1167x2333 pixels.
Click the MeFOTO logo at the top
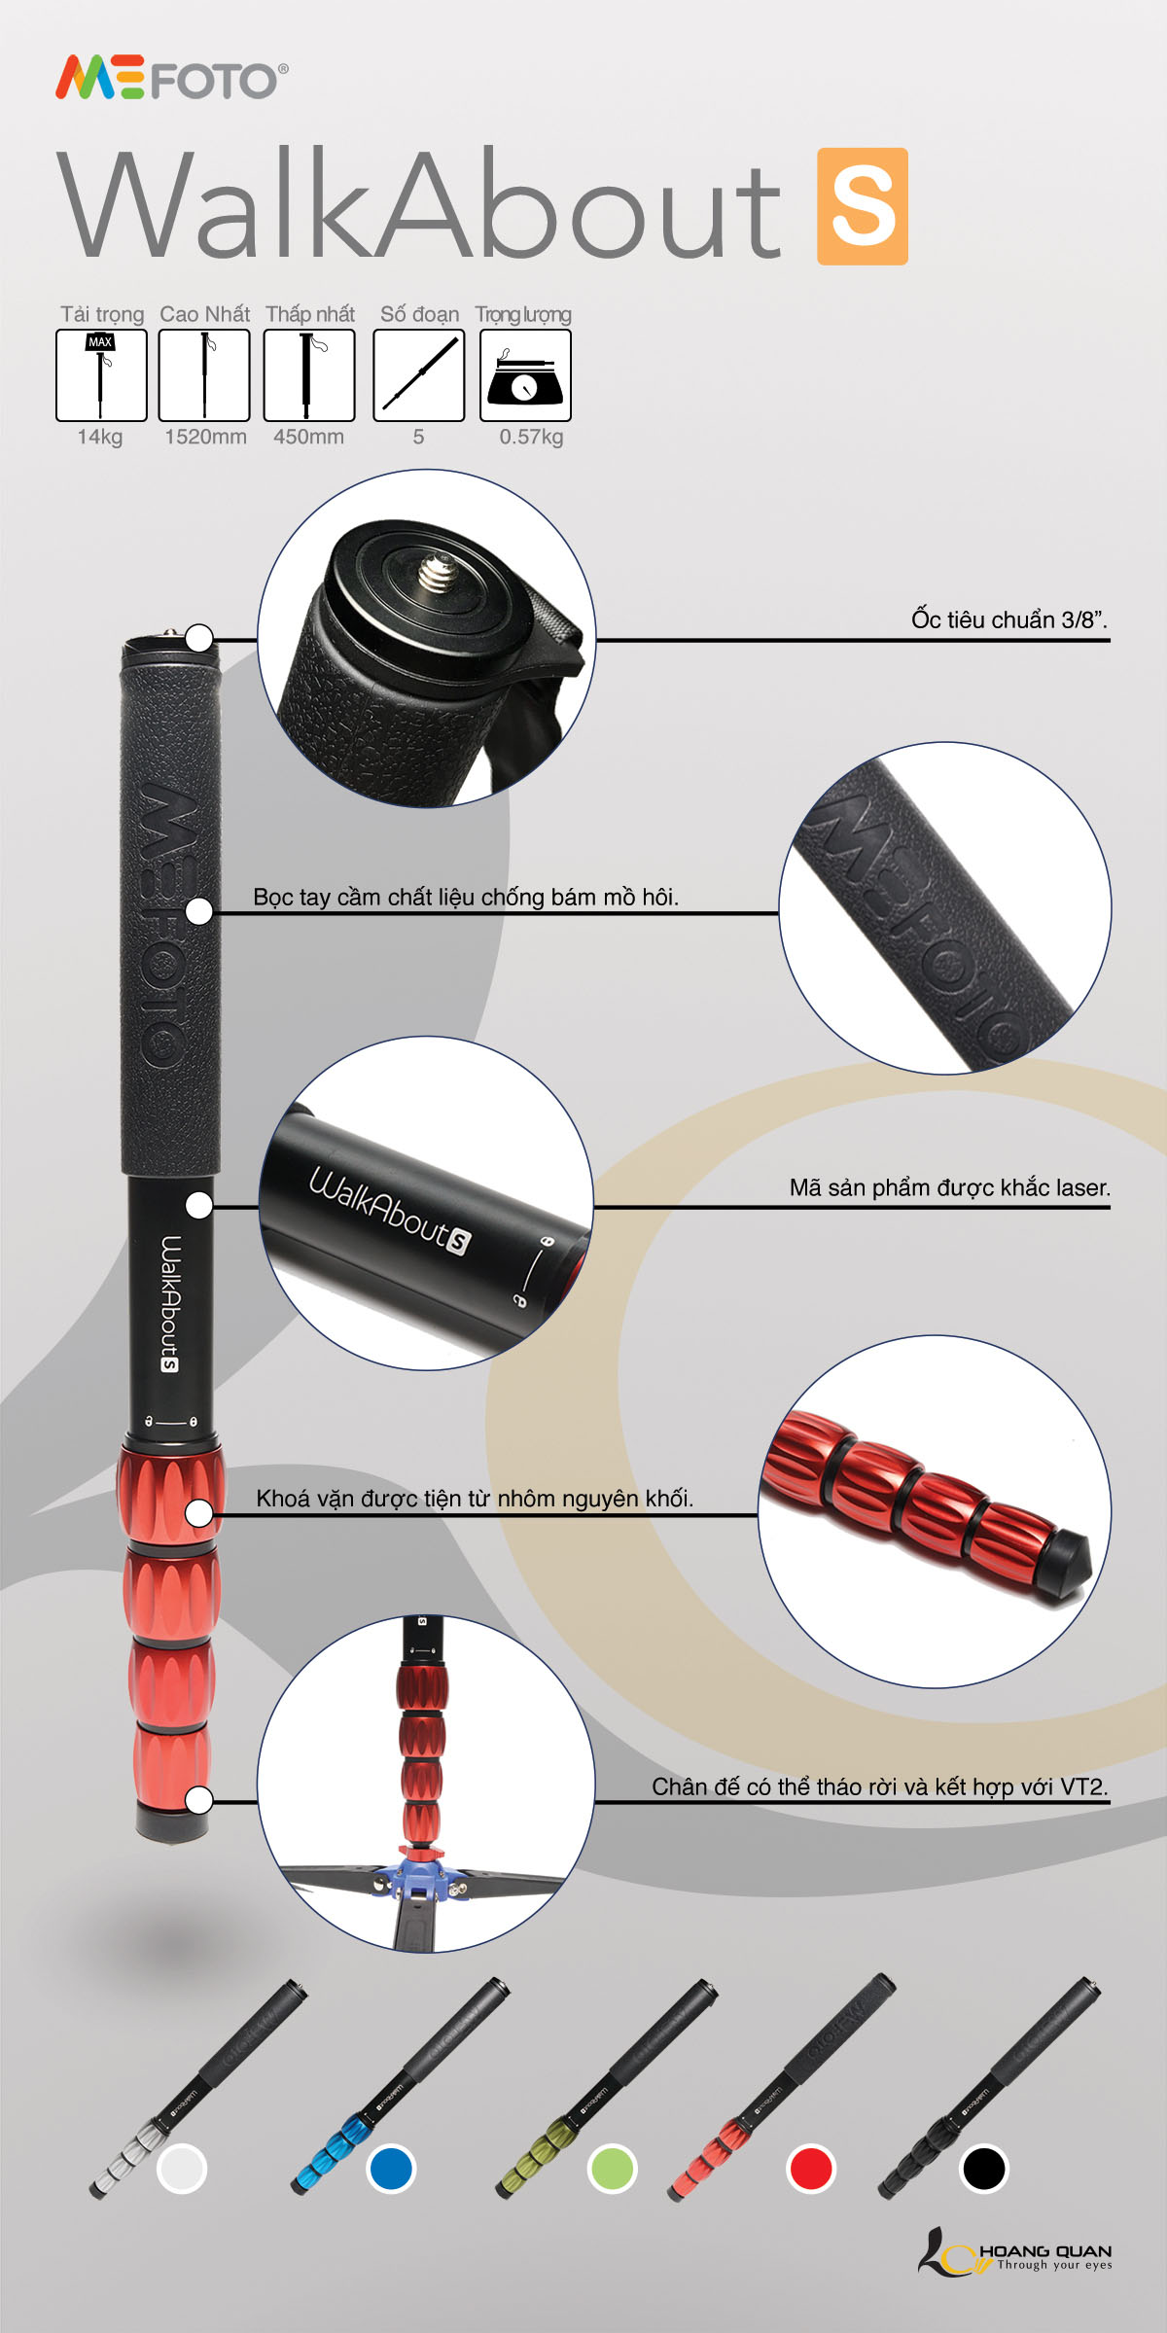(171, 79)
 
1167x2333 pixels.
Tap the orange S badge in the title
(863, 206)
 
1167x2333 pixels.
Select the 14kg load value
(100, 437)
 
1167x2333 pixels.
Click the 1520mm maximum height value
(205, 437)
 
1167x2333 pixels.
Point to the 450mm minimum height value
(308, 437)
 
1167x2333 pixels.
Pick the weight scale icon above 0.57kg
(525, 375)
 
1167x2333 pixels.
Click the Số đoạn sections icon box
(419, 375)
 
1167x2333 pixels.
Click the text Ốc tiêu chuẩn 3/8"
(1009, 619)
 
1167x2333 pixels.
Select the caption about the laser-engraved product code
(949, 1187)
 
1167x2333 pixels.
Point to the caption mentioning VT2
(880, 1786)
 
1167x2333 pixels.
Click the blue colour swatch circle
(391, 2169)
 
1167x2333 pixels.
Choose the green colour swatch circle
(612, 2169)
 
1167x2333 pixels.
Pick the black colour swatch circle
(983, 2169)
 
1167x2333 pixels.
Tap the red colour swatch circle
(811, 2169)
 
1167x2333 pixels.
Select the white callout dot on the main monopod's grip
(199, 911)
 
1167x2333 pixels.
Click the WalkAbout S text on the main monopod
(170, 1303)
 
